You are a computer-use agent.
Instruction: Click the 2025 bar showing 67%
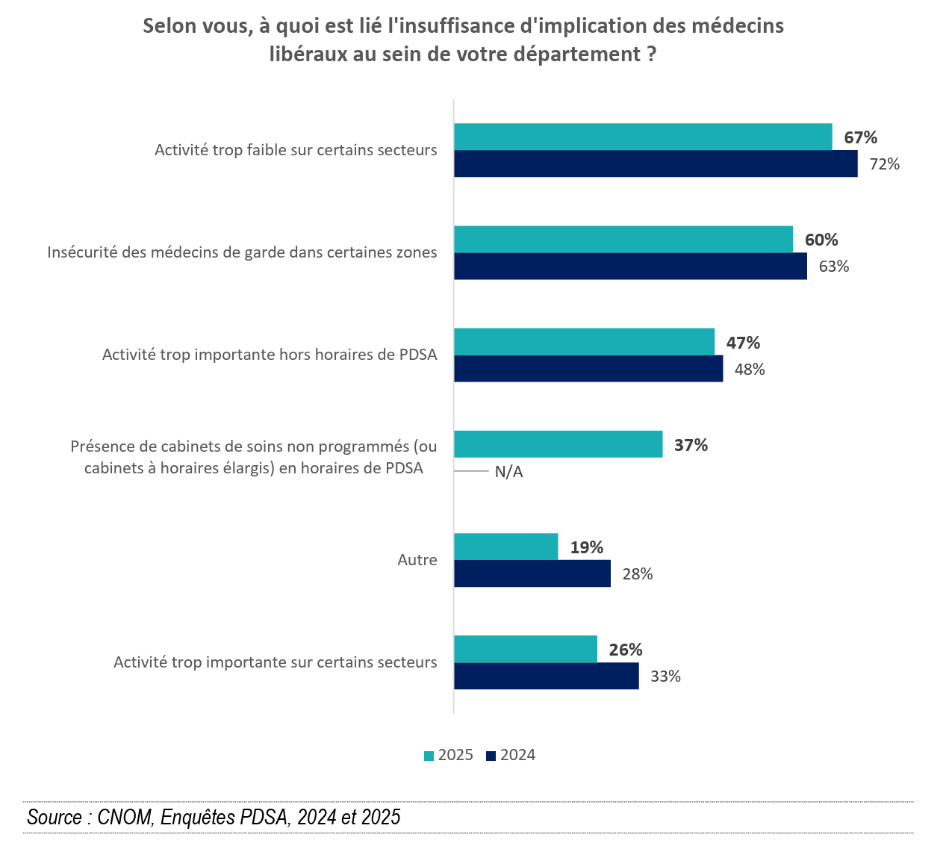[x=642, y=137]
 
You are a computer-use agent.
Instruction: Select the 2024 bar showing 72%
[x=656, y=164]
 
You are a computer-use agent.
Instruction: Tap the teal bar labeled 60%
[x=623, y=239]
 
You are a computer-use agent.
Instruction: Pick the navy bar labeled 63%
[x=630, y=267]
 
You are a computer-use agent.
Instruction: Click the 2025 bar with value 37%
[x=558, y=444]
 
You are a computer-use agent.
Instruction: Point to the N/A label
[x=508, y=472]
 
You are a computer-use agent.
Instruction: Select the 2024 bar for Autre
[x=532, y=573]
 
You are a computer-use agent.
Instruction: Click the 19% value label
[x=587, y=547]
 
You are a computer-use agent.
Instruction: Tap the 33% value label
[x=665, y=677]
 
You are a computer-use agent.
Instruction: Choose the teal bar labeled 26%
[x=525, y=649]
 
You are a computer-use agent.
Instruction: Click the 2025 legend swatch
[x=429, y=756]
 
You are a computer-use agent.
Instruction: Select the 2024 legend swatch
[x=491, y=756]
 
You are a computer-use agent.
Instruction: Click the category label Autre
[x=417, y=560]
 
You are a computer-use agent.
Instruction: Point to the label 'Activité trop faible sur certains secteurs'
[x=296, y=150]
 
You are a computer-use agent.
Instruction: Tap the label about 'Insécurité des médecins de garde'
[x=242, y=252]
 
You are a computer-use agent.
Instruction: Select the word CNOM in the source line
[x=125, y=817]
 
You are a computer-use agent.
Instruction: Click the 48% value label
[x=750, y=370]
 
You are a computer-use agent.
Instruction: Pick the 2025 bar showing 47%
[x=584, y=342]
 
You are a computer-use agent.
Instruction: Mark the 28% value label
[x=638, y=574]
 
